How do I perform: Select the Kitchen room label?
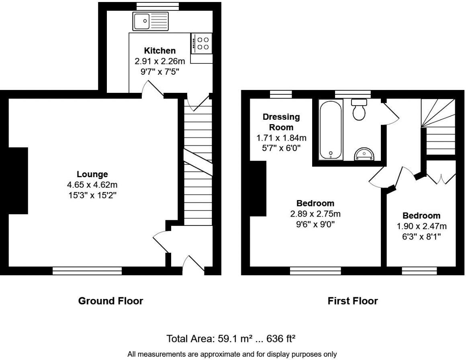tap(160, 51)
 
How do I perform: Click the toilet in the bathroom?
tap(359, 109)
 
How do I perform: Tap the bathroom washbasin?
tap(364, 154)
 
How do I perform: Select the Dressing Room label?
tap(281, 122)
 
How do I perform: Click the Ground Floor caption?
tap(110, 301)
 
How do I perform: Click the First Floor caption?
tap(353, 301)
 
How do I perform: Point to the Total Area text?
tap(231, 339)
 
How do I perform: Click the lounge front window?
tap(87, 272)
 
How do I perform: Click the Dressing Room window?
tap(280, 94)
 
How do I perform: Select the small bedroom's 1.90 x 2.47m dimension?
tap(421, 226)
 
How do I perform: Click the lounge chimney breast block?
tap(17, 180)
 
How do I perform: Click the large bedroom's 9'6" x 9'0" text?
tap(315, 223)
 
